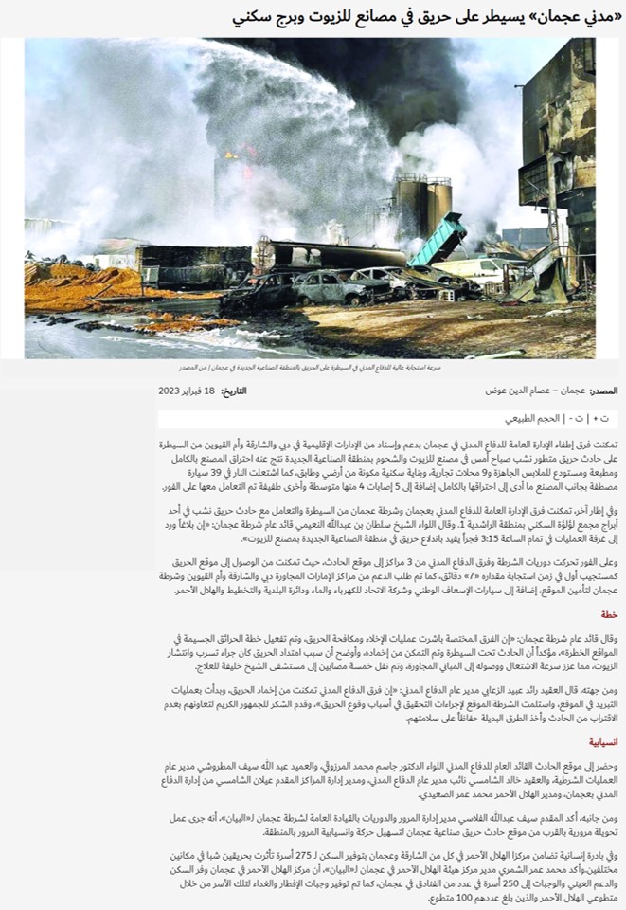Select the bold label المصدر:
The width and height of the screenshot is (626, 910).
pos(602,391)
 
